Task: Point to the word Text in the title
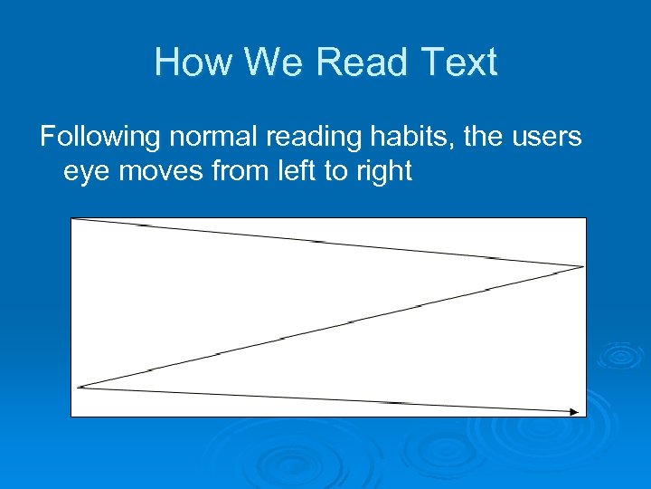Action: click(458, 63)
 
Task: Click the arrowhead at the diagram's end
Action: click(574, 412)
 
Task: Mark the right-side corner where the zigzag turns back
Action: click(582, 266)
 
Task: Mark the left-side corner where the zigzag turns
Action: click(80, 387)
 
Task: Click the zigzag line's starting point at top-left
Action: click(74, 219)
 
